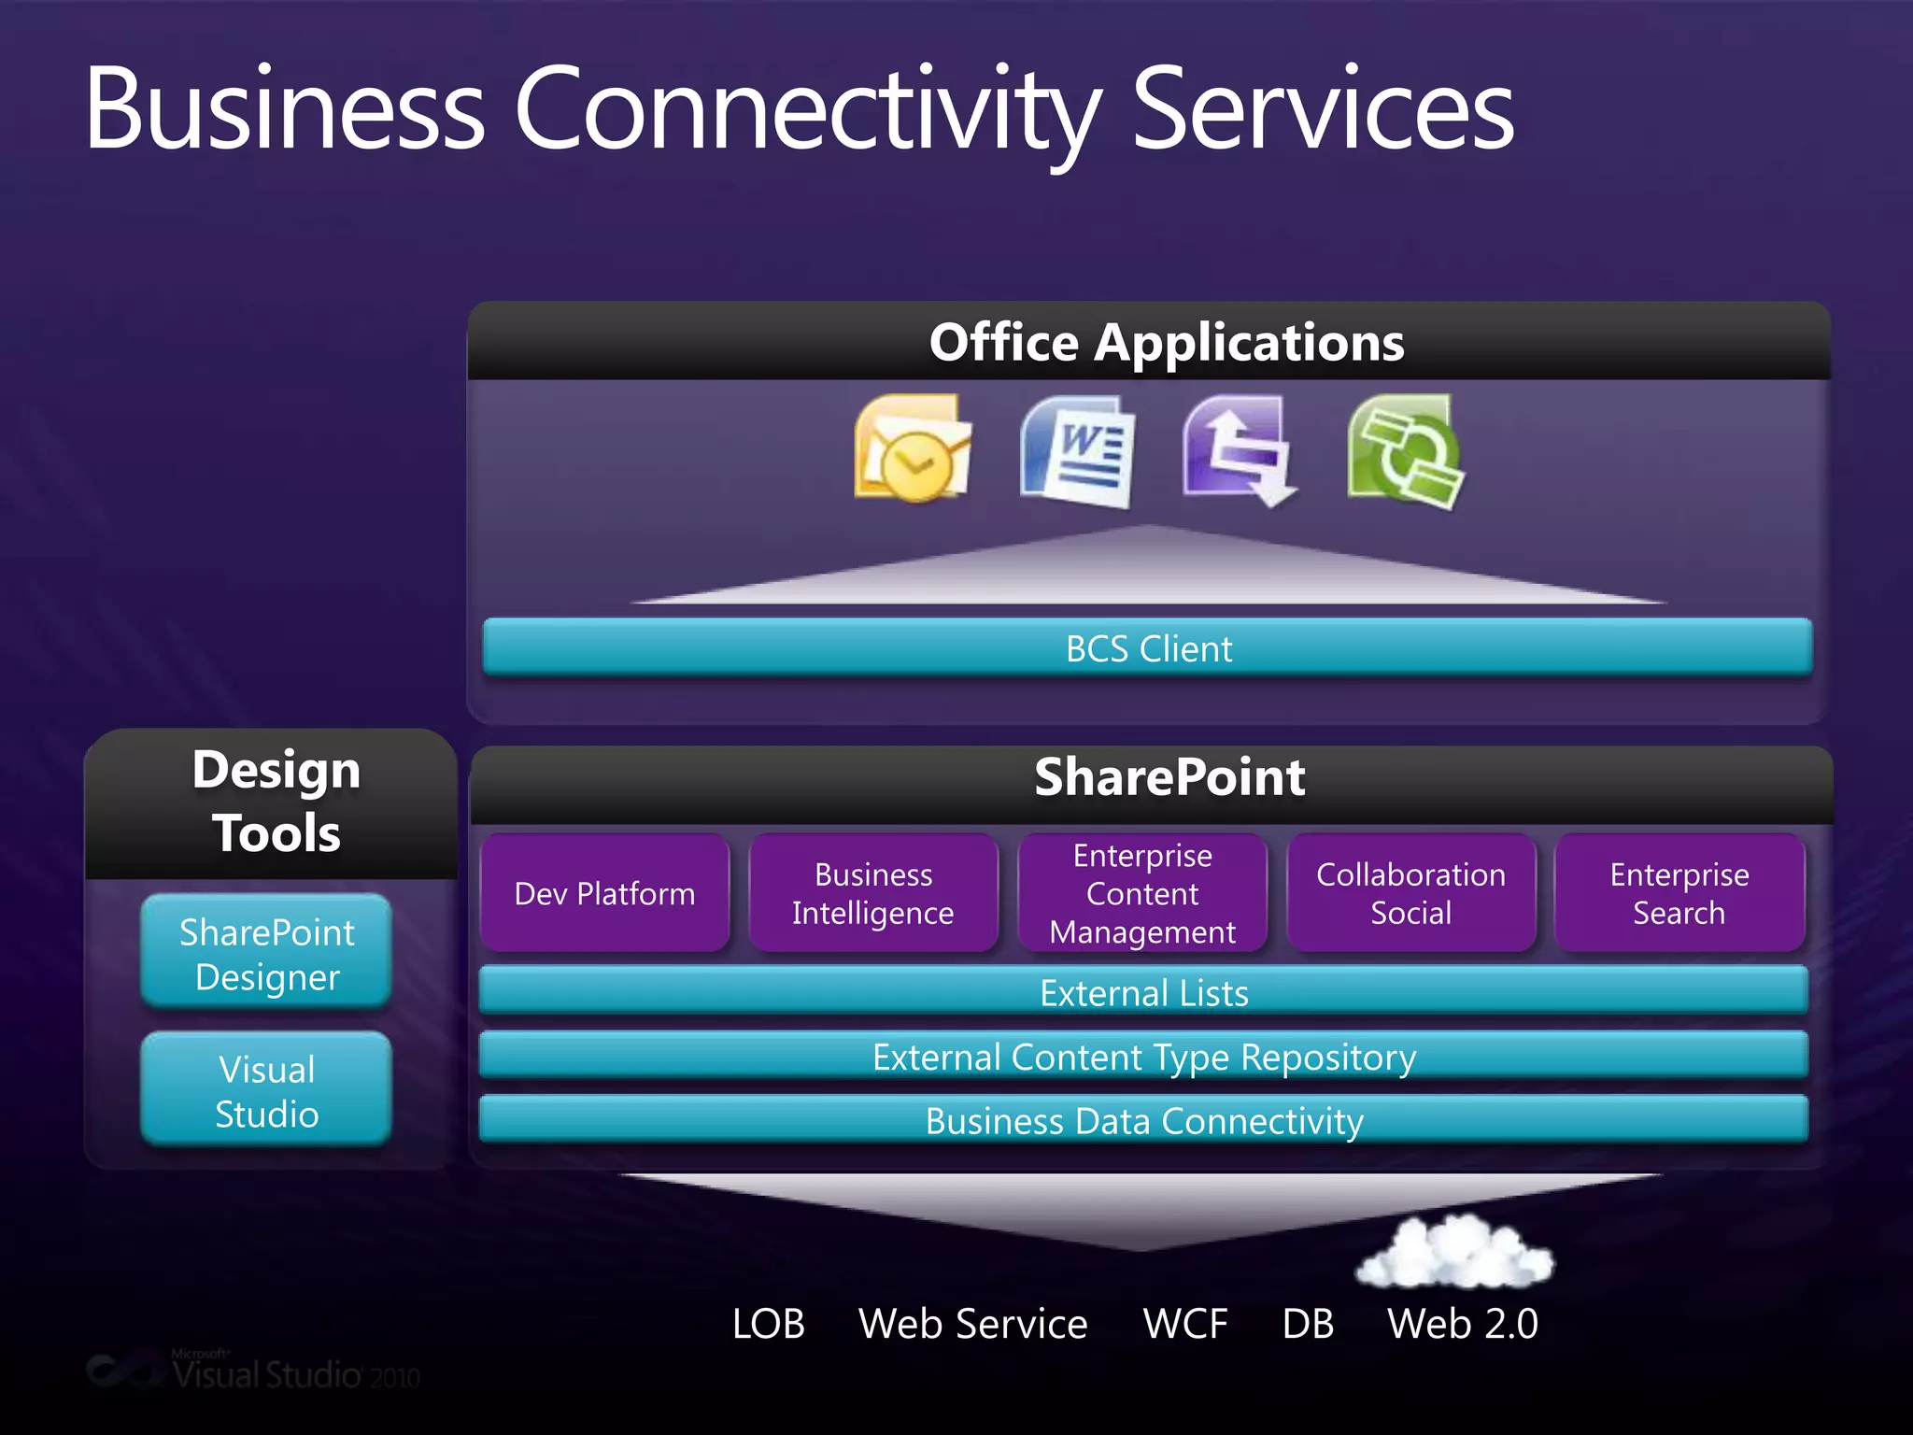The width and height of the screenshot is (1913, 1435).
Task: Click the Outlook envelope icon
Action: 913,449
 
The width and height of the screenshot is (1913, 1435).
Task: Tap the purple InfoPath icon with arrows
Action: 1239,451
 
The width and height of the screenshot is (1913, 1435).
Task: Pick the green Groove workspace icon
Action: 1406,451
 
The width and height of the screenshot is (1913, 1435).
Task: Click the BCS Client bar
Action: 1147,647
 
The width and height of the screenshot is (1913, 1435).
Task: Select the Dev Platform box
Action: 604,893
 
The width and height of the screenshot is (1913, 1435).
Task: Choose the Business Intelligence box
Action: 873,893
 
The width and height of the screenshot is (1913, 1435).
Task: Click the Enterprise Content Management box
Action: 1141,893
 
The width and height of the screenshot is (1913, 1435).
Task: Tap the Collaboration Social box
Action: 1410,893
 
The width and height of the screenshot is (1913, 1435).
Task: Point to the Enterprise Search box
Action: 1679,893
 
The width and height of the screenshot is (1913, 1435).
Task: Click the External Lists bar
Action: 1143,991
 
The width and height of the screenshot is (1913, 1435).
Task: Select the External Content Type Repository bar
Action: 1143,1056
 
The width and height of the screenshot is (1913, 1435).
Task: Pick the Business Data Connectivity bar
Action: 1143,1119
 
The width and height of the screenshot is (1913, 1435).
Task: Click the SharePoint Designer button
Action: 266,953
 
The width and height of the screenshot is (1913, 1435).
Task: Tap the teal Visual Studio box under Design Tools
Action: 266,1090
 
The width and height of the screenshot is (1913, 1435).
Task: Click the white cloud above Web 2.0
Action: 1453,1251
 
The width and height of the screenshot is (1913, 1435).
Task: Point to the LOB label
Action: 768,1323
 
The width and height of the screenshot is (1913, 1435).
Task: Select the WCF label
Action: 1184,1323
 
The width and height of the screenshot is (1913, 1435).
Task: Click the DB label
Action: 1308,1323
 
